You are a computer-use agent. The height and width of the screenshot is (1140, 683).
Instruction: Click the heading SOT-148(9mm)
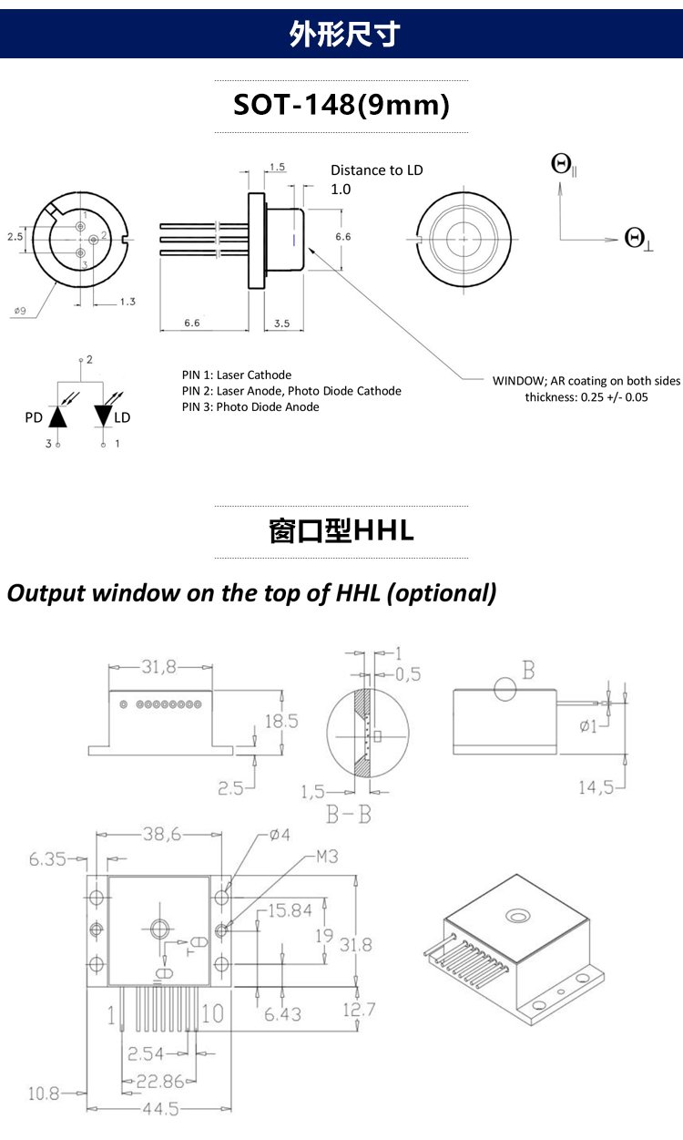pyautogui.click(x=341, y=106)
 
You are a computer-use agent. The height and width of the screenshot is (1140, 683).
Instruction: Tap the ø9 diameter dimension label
pyautogui.click(x=20, y=311)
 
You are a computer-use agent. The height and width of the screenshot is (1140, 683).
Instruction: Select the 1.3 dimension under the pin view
pyautogui.click(x=127, y=302)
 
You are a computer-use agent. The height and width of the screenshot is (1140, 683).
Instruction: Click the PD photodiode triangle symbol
pyautogui.click(x=58, y=416)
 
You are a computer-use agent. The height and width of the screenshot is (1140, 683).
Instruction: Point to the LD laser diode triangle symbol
pyautogui.click(x=103, y=416)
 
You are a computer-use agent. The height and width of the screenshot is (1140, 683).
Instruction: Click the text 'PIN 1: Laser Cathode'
pyautogui.click(x=237, y=375)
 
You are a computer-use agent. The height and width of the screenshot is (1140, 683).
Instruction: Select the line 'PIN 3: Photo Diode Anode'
pyautogui.click(x=250, y=406)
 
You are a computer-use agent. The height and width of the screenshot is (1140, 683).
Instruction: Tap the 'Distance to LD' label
pyautogui.click(x=377, y=170)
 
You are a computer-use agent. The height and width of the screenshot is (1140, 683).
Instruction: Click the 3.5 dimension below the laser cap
pyautogui.click(x=281, y=324)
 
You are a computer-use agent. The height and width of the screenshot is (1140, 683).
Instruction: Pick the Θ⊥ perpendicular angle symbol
pyautogui.click(x=638, y=239)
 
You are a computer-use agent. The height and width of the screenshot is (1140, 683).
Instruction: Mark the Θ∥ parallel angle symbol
pyautogui.click(x=564, y=165)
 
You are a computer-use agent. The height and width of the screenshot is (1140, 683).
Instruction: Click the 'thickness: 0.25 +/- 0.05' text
pyautogui.click(x=586, y=397)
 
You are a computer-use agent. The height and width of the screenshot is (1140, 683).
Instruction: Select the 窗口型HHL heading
pyautogui.click(x=341, y=530)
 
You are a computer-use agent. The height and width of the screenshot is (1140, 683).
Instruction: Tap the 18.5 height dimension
pyautogui.click(x=281, y=721)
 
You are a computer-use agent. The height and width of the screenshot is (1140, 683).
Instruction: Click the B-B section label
pyautogui.click(x=349, y=815)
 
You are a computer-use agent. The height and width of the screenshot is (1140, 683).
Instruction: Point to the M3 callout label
pyautogui.click(x=327, y=857)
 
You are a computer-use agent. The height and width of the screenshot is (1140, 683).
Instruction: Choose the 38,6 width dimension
pyautogui.click(x=162, y=834)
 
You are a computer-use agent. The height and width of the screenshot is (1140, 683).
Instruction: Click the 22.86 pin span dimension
pyautogui.click(x=160, y=1081)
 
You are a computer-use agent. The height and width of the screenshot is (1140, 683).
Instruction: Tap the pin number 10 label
pyautogui.click(x=212, y=1013)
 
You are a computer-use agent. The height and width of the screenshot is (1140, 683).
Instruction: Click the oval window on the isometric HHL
pyautogui.click(x=518, y=917)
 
